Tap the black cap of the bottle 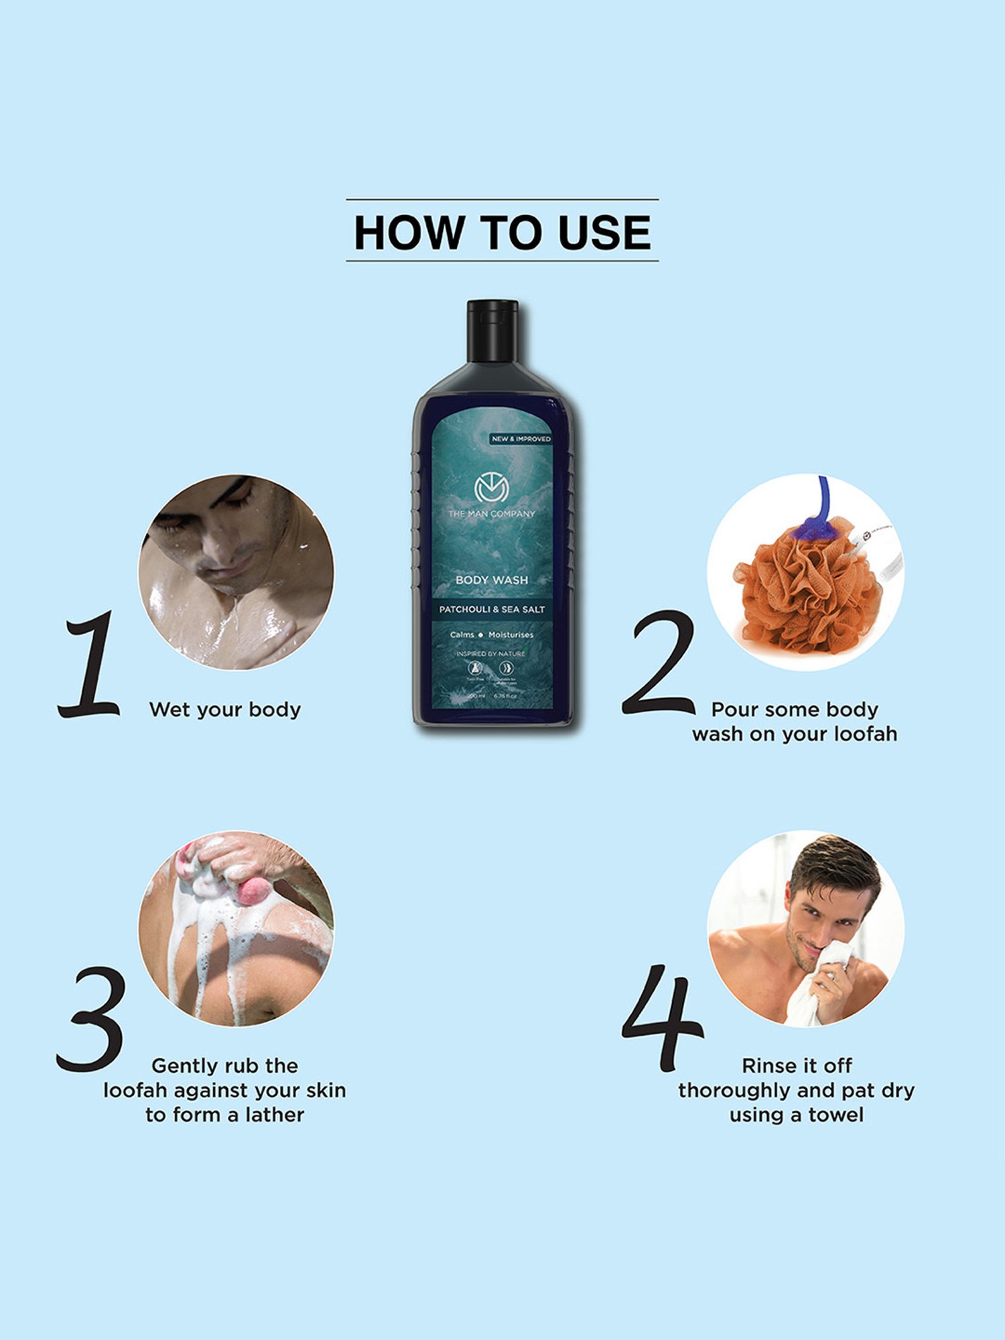point(492,330)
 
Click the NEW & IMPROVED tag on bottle point(521,439)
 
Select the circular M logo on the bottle point(492,488)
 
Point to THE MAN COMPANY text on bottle point(492,514)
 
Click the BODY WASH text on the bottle point(492,580)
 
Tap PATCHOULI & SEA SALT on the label point(492,609)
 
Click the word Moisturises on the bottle point(511,634)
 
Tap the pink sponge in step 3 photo point(255,891)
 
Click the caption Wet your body point(225,710)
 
